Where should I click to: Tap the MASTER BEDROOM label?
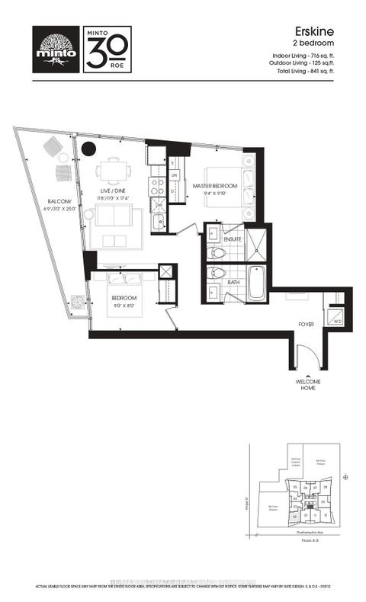pyautogui.click(x=214, y=186)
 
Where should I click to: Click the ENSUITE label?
pyautogui.click(x=233, y=239)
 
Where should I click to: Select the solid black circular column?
pyautogui.click(x=89, y=149)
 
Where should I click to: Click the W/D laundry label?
pyautogui.click(x=335, y=322)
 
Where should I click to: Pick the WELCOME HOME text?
pyautogui.click(x=306, y=386)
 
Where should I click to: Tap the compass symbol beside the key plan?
pyautogui.click(x=345, y=478)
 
